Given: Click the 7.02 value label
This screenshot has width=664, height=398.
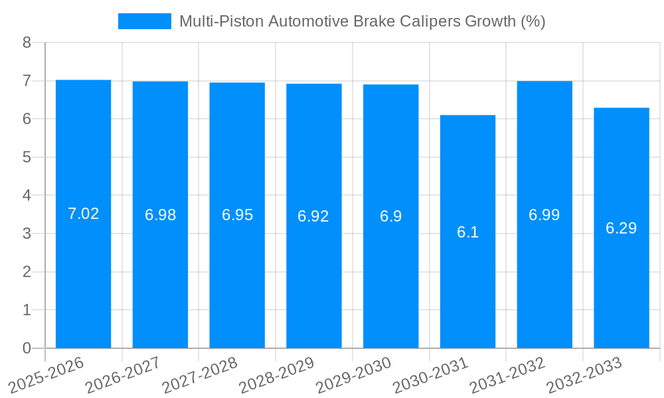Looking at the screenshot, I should (83, 214).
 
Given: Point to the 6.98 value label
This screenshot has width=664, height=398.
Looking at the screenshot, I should (160, 215).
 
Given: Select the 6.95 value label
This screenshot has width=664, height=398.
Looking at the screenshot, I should (237, 215).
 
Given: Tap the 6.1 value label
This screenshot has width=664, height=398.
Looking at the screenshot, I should (467, 232).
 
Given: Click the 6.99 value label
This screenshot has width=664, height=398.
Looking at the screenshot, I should (544, 215).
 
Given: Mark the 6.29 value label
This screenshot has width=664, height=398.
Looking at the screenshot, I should (621, 228).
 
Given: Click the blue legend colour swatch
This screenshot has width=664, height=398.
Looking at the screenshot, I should (144, 21).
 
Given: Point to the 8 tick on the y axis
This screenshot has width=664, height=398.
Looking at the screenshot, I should (27, 42).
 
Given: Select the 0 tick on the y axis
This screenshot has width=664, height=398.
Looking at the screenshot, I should (27, 348).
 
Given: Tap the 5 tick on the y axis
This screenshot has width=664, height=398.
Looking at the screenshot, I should (27, 157).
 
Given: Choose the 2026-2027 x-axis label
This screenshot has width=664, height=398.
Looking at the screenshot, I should (124, 375).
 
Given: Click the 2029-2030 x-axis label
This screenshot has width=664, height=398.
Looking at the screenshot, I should (355, 375).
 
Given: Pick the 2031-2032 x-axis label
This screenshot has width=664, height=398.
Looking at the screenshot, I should (508, 375).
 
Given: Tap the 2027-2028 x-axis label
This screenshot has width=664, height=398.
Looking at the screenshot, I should (201, 375).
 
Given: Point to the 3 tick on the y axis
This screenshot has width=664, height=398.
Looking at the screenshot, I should (27, 233).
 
